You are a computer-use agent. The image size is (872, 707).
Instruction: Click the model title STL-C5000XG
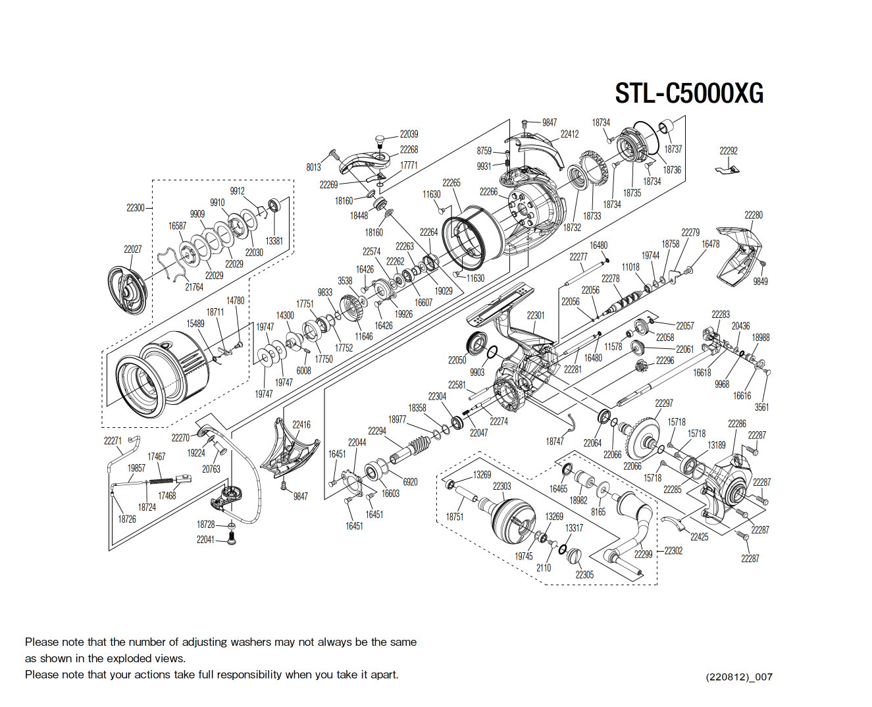pyautogui.click(x=689, y=93)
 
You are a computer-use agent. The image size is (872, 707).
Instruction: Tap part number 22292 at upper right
pyautogui.click(x=728, y=151)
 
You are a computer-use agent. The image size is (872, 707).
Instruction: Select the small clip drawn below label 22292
pyautogui.click(x=727, y=170)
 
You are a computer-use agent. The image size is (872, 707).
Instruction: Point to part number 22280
pyautogui.click(x=753, y=215)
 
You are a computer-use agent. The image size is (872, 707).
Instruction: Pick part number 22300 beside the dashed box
pyautogui.click(x=135, y=208)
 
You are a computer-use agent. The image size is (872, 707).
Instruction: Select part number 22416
pyautogui.click(x=301, y=425)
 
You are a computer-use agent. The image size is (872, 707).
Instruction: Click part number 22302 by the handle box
pyautogui.click(x=673, y=550)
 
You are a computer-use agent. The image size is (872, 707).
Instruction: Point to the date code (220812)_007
pyautogui.click(x=738, y=677)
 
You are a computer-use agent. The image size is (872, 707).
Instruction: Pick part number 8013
pyautogui.click(x=313, y=167)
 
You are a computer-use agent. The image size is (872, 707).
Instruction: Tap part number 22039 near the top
pyautogui.click(x=409, y=134)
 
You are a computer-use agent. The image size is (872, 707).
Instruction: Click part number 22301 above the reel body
pyautogui.click(x=535, y=315)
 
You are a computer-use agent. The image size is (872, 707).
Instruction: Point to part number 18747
pyautogui.click(x=554, y=441)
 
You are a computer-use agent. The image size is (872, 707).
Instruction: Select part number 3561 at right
pyautogui.click(x=761, y=407)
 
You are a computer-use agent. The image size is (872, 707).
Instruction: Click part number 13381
pyautogui.click(x=274, y=241)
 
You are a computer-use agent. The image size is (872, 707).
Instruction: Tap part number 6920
pyautogui.click(x=409, y=482)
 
